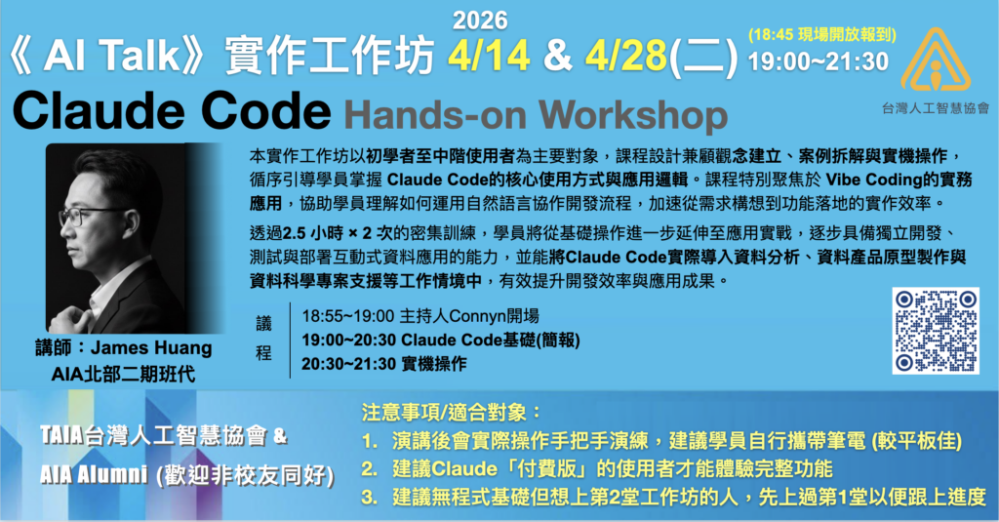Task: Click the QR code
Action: pos(936,331)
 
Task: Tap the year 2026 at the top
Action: pos(480,20)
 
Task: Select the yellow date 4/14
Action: pos(489,56)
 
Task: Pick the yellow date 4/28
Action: pos(625,56)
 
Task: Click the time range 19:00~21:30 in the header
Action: pos(819,61)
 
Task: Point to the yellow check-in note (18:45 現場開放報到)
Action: pos(822,34)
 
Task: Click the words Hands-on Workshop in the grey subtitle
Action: pos(536,115)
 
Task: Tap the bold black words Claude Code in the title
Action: pos(172,110)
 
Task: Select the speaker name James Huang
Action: pos(151,348)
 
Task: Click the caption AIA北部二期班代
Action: pos(123,374)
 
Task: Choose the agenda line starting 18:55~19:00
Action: pos(420,315)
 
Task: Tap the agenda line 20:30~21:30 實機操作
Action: pos(384,364)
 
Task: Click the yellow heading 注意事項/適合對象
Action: pos(451,413)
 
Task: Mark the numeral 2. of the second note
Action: pos(370,469)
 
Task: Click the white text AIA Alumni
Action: pos(94,474)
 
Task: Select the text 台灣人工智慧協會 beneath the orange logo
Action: pos(936,108)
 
